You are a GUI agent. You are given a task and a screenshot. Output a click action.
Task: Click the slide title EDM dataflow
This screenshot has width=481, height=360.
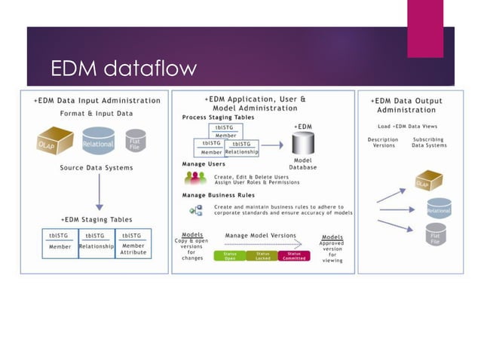(x=123, y=69)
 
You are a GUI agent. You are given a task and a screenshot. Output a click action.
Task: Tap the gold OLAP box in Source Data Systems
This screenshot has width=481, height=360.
(x=55, y=141)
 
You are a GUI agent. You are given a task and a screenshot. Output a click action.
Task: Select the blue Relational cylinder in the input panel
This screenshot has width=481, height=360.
(x=98, y=143)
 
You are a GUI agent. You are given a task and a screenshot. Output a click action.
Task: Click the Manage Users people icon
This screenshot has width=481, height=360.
(x=195, y=178)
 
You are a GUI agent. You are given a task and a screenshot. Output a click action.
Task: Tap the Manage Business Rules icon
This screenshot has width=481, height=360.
(x=195, y=210)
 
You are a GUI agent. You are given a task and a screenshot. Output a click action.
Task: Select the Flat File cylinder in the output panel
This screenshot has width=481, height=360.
(x=435, y=238)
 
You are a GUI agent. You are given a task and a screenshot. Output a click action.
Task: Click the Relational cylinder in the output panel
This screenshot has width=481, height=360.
(x=438, y=210)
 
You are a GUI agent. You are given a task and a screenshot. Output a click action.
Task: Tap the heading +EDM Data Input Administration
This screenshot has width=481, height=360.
(x=97, y=100)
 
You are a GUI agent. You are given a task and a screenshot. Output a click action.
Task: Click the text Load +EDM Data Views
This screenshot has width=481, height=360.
(x=406, y=126)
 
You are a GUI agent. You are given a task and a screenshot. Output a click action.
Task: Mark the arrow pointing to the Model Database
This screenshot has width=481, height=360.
(x=272, y=145)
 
